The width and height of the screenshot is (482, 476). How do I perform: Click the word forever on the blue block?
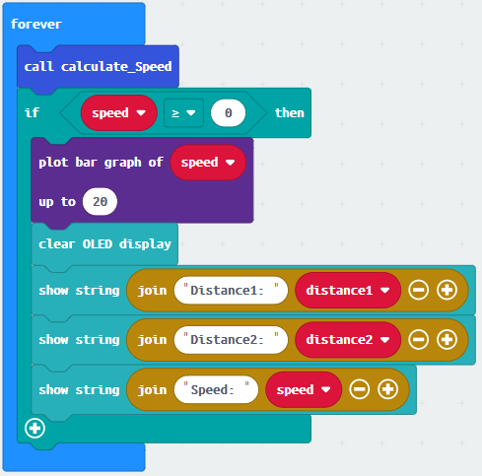[x=36, y=25]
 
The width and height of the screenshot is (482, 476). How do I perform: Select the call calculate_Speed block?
[x=98, y=67]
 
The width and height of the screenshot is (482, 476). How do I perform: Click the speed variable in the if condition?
[x=118, y=113]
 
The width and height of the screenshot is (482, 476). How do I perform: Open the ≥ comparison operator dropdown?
[x=183, y=113]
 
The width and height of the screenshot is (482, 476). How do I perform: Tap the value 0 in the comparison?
[x=228, y=113]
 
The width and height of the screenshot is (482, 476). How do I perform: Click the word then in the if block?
[x=290, y=113]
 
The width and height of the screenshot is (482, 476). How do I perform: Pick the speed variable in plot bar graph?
[x=208, y=163]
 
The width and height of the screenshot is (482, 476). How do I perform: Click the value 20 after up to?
[x=100, y=202]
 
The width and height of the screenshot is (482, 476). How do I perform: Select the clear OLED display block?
[x=104, y=244]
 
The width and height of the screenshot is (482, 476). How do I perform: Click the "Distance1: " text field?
[x=231, y=291]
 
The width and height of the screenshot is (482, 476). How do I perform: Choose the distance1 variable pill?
[x=348, y=291]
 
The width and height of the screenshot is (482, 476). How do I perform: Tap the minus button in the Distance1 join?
[x=418, y=291]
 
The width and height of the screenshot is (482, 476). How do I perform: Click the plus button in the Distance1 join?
[x=447, y=291]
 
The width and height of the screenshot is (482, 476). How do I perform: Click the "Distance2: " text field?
[x=231, y=340]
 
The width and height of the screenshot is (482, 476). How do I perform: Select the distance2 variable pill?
[x=348, y=340]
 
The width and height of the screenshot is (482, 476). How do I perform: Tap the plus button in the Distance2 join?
[x=447, y=340]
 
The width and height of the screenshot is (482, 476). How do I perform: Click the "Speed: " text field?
[x=216, y=390]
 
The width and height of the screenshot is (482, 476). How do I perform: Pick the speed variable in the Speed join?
[x=304, y=390]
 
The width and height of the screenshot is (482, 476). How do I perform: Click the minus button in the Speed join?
[x=360, y=390]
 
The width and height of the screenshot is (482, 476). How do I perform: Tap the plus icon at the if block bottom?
[x=34, y=429]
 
